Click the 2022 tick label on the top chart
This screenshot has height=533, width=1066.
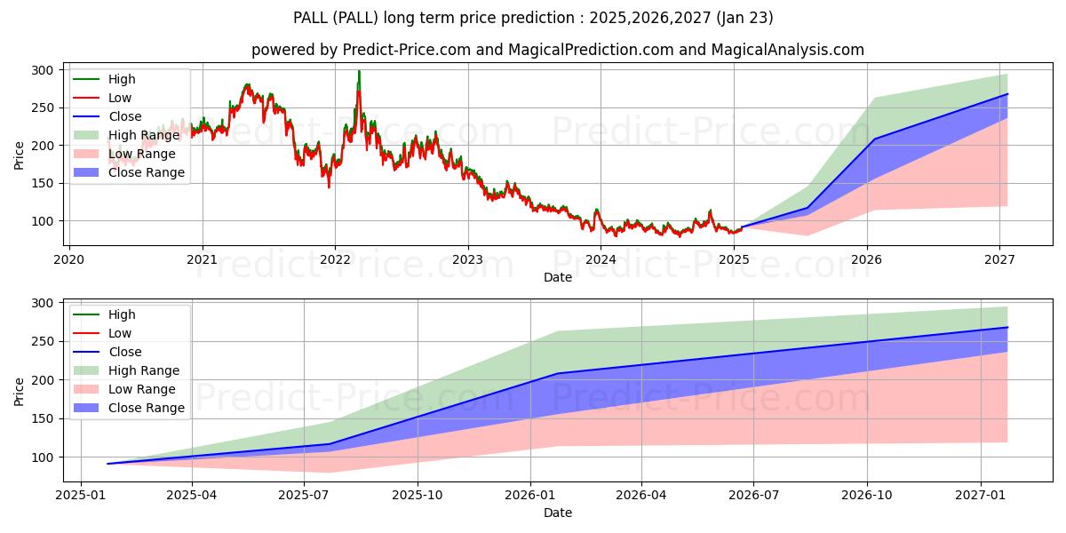click(335, 259)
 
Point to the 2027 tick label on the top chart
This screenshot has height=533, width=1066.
click(1000, 259)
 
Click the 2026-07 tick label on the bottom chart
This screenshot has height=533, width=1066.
click(752, 495)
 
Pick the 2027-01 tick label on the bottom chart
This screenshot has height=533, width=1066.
click(980, 495)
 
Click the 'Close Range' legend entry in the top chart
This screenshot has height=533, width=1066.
click(146, 172)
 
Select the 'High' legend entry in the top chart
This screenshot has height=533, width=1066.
click(123, 79)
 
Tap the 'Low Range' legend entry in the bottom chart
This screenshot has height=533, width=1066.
click(141, 389)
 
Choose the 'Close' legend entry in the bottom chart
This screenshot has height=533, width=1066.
click(124, 352)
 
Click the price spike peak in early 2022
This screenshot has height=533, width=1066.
click(359, 71)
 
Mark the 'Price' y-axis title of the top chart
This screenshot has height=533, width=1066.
click(20, 155)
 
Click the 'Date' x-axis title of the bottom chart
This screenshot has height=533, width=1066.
click(557, 513)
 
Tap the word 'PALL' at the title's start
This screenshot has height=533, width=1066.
click(310, 18)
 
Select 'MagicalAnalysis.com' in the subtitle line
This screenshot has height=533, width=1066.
click(787, 50)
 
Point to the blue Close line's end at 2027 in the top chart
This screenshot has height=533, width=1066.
click(1007, 94)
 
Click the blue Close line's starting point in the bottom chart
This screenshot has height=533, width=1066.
click(107, 464)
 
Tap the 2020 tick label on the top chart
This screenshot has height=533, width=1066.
click(69, 259)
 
